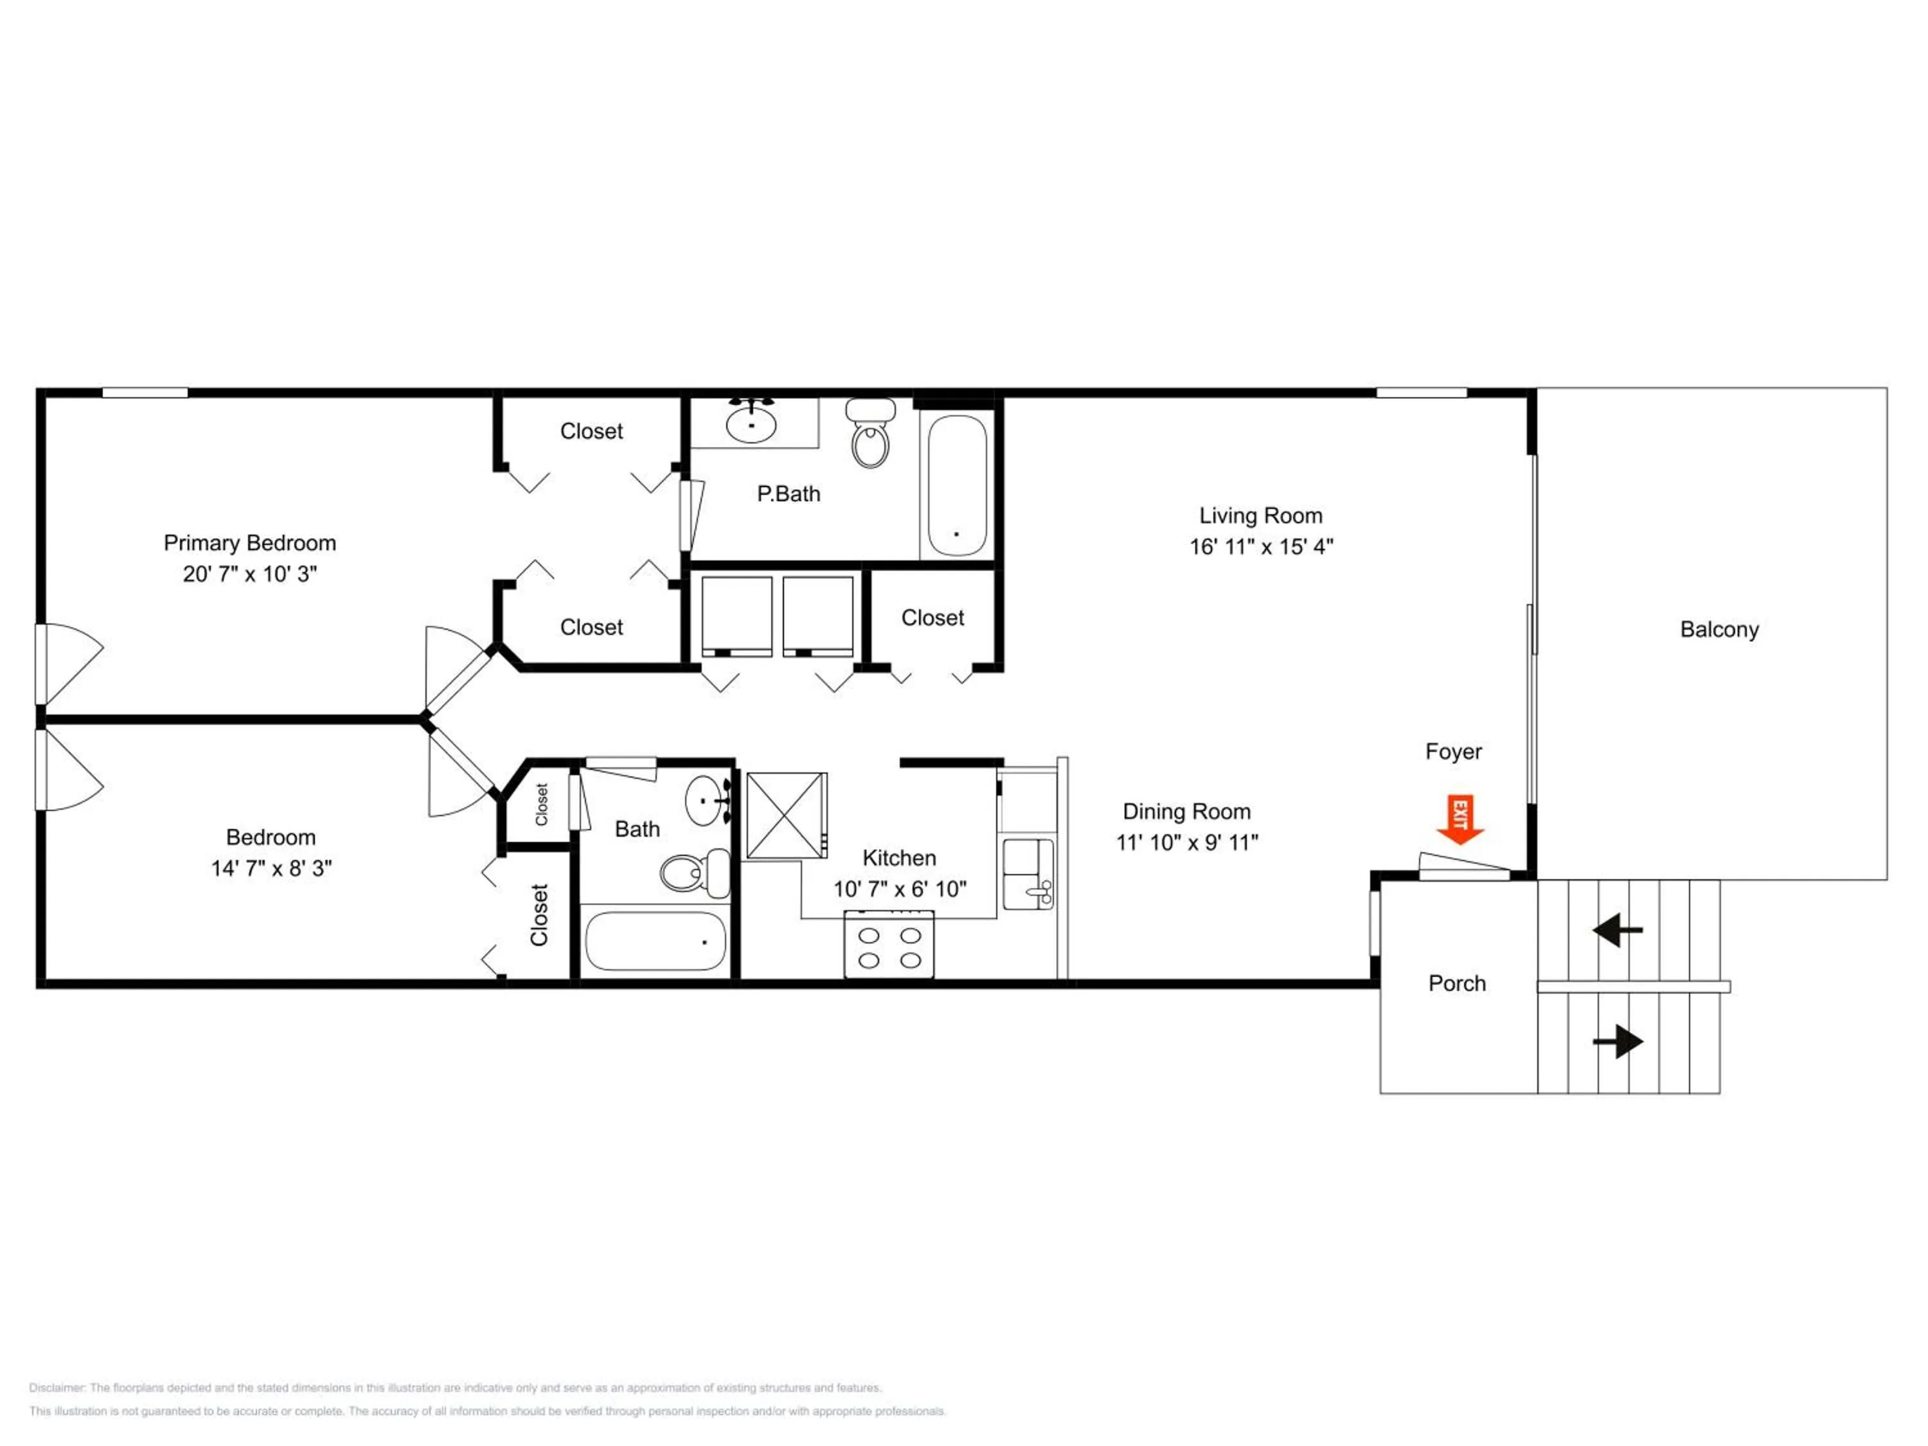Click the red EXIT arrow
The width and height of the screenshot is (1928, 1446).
(1460, 820)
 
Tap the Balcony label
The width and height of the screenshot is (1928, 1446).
(1719, 630)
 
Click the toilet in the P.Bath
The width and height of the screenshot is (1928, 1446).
(870, 433)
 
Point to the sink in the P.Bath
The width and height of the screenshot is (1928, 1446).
(751, 423)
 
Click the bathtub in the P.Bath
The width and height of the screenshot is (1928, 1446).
(956, 485)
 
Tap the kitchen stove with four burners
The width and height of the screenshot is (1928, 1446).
(889, 944)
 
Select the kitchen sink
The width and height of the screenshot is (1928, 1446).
(1028, 874)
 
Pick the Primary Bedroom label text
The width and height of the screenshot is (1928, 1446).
(250, 543)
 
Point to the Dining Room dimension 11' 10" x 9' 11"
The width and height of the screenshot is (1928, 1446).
(1187, 843)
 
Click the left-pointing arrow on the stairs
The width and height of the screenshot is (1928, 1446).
(1617, 930)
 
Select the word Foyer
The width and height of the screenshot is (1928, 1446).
(1453, 752)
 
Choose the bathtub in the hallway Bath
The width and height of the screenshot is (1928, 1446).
(656, 942)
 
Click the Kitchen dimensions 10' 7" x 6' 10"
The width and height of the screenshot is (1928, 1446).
(900, 889)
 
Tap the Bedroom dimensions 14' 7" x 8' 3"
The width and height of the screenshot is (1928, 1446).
(271, 869)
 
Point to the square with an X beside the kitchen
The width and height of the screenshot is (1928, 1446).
(786, 816)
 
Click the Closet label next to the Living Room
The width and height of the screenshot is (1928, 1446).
(933, 618)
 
